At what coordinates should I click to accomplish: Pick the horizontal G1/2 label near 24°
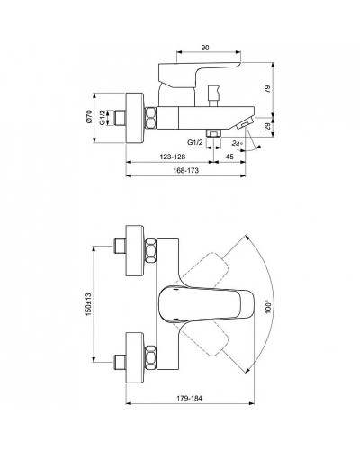point(193,142)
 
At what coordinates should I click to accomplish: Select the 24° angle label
point(236,142)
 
